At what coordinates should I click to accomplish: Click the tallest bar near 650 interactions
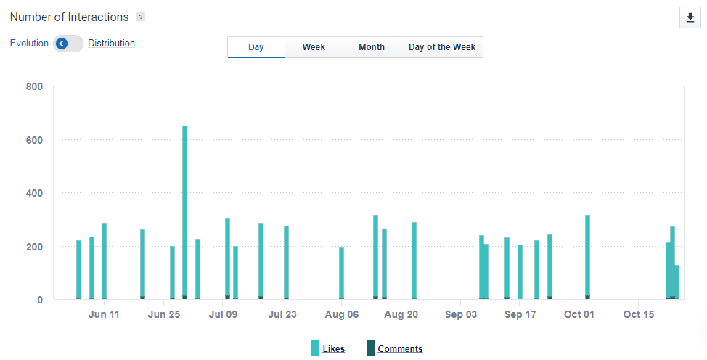(x=184, y=210)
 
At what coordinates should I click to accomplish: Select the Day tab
(x=256, y=47)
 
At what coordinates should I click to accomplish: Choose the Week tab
(x=314, y=47)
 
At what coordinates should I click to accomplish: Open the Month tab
(x=372, y=47)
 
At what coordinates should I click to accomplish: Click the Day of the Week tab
(x=442, y=47)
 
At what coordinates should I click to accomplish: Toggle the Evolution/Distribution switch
(x=68, y=44)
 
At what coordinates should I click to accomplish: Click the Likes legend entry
(x=333, y=348)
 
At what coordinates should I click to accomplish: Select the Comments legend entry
(x=400, y=348)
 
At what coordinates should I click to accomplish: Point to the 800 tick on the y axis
(x=34, y=86)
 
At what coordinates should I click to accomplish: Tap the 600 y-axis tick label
(x=34, y=140)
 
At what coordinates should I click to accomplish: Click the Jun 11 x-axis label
(x=104, y=314)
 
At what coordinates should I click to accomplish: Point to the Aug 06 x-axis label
(x=342, y=314)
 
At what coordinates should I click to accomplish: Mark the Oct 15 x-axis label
(x=639, y=314)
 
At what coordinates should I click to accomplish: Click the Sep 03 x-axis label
(x=461, y=314)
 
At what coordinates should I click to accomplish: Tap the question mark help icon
(x=141, y=17)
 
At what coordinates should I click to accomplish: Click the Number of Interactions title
(x=70, y=17)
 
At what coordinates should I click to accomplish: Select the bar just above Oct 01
(x=587, y=258)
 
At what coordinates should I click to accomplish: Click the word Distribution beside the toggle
(x=111, y=43)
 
